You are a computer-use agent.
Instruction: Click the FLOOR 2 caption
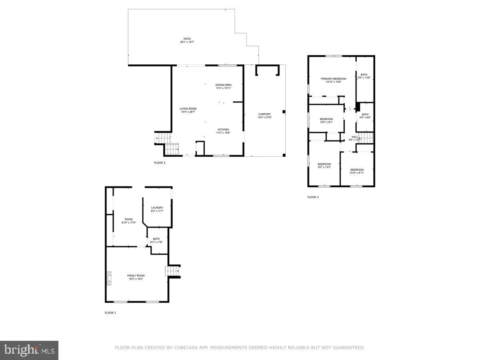pos(160,163)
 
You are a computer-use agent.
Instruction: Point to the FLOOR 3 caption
pos(313,197)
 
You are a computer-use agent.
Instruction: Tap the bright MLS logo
pos(29,350)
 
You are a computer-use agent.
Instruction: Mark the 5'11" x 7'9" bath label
pos(156,240)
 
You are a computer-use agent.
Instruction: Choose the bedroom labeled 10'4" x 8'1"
pos(326,120)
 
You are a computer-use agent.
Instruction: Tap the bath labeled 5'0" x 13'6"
pos(364,76)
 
